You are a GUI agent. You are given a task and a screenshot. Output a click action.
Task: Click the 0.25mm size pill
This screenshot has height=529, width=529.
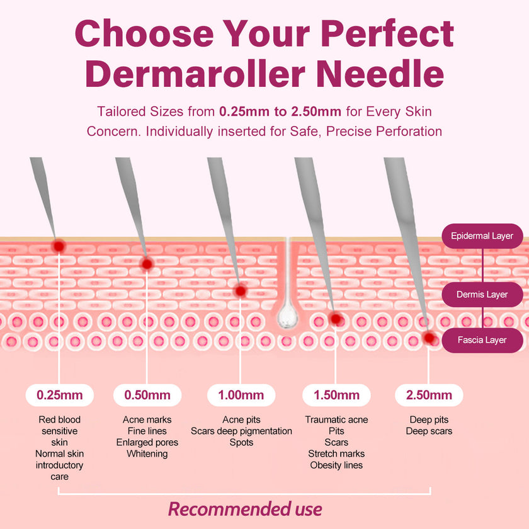60,395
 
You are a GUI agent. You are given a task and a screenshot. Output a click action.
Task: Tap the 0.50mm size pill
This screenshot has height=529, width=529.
147,395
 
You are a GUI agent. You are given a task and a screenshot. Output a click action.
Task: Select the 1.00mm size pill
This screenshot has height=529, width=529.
241,395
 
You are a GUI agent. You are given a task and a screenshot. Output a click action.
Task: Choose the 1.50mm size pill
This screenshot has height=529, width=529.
336,395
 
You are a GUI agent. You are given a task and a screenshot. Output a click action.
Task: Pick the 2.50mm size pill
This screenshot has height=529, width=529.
429,395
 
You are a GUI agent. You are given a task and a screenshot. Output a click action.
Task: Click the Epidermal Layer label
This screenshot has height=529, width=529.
482,236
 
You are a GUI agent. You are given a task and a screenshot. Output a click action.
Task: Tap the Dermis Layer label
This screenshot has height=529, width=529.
482,294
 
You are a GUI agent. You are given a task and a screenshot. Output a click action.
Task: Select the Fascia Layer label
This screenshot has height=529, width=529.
482,340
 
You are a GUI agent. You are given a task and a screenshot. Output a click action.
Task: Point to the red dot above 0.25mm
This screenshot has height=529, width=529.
59,246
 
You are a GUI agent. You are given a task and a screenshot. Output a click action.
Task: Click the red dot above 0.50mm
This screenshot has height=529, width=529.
147,264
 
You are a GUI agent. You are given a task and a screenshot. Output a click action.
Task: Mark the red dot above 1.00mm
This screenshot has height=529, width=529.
240,291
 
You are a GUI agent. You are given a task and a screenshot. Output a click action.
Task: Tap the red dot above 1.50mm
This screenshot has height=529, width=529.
336,319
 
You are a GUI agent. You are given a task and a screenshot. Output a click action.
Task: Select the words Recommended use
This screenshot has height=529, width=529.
245,509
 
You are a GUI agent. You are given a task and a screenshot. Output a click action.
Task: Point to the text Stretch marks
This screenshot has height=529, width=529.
336,453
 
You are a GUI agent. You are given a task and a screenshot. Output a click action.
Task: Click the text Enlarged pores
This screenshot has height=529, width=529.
147,442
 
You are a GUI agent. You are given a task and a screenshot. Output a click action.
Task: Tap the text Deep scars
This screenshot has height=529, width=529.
429,431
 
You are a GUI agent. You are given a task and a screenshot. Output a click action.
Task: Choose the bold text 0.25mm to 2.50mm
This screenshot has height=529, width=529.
280,112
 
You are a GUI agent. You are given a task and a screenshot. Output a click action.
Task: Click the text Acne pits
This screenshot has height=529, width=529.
241,419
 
